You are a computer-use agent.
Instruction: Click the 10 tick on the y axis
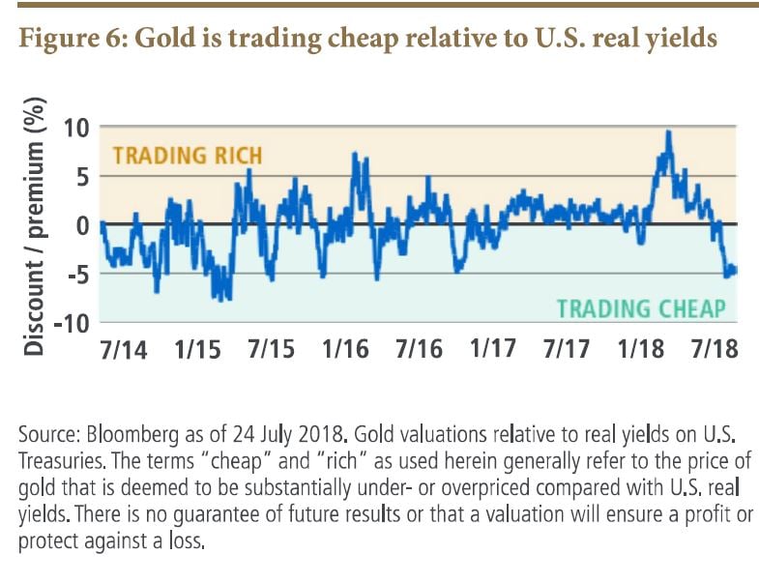pyautogui.click(x=75, y=128)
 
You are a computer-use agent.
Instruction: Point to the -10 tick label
pyautogui.click(x=69, y=322)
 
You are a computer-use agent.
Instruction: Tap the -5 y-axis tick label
pyautogui.click(x=74, y=274)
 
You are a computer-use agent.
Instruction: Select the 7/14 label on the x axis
pyautogui.click(x=122, y=349)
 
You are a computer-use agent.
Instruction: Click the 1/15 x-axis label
pyautogui.click(x=196, y=349)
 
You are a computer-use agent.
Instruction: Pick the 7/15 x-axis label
pyautogui.click(x=271, y=349)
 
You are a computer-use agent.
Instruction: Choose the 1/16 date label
pyautogui.click(x=345, y=349)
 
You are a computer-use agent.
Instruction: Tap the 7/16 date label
pyautogui.click(x=419, y=349)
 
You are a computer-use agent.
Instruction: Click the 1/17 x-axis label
pyautogui.click(x=493, y=349)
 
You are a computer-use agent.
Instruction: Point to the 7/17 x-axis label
pyautogui.click(x=567, y=349)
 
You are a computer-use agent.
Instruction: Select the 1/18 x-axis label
pyautogui.click(x=641, y=349)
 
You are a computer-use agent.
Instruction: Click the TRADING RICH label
pyautogui.click(x=188, y=155)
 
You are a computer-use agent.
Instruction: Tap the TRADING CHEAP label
pyautogui.click(x=640, y=308)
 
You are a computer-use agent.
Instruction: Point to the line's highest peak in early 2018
pyautogui.click(x=668, y=132)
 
